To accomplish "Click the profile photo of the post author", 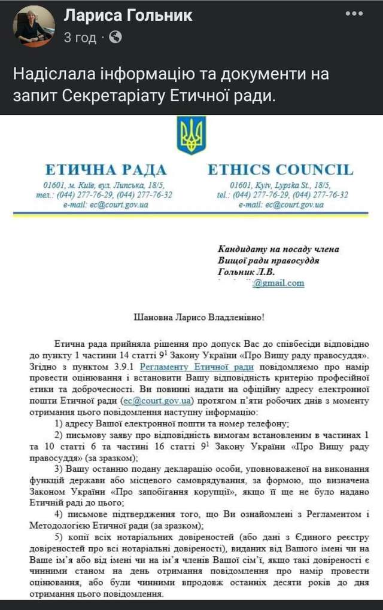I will [34, 26].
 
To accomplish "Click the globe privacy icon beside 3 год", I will [116, 37].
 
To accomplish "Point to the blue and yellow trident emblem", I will [191, 135].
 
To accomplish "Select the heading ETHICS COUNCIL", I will [280, 169].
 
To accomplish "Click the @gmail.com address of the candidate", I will [278, 283].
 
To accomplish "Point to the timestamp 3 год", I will [80, 37].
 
